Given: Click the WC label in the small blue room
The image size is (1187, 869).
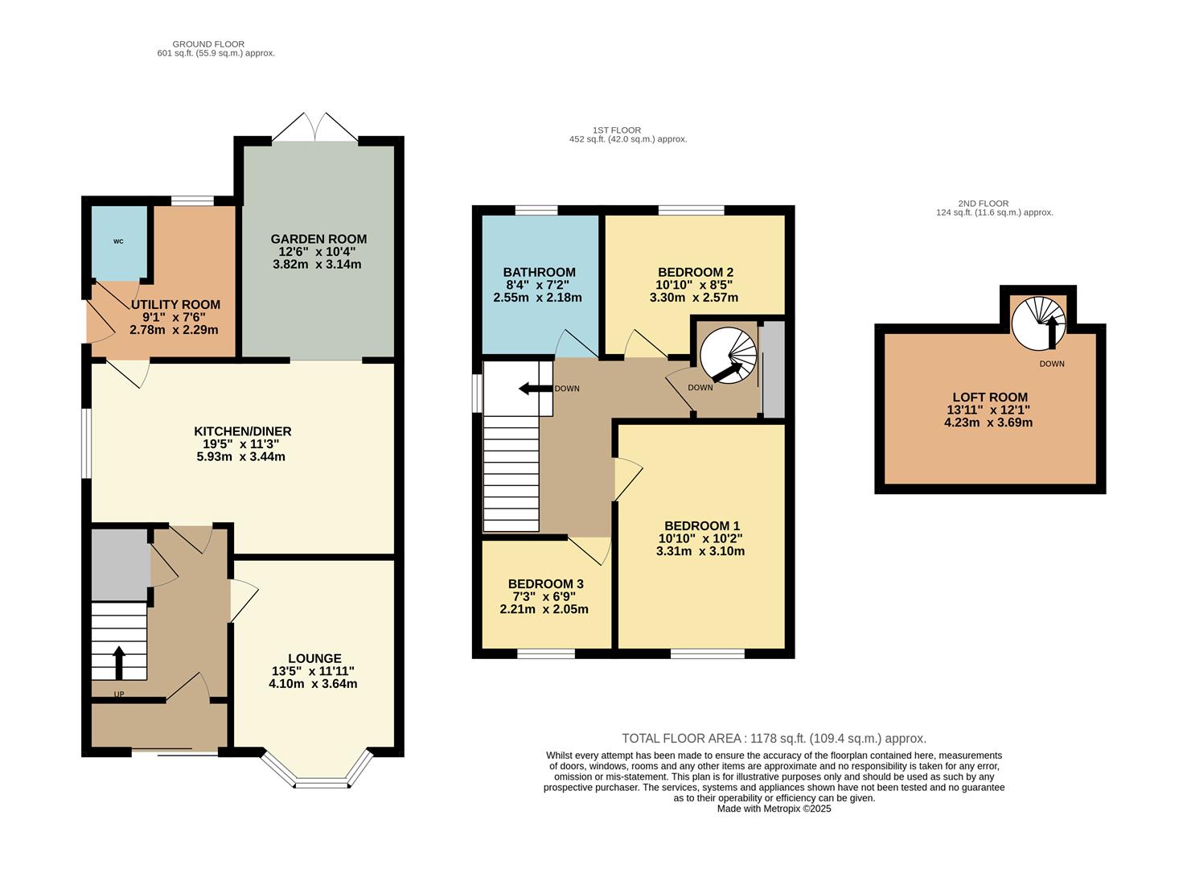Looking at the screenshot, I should click(118, 241).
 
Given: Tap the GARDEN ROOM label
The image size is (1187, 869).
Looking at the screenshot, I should click(318, 239).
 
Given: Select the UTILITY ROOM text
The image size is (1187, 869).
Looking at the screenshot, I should click(175, 305).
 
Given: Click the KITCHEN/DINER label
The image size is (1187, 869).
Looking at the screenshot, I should click(241, 431).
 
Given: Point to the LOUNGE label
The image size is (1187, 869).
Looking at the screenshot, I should click(314, 658).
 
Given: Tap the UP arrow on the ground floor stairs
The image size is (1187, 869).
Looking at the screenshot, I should click(119, 662).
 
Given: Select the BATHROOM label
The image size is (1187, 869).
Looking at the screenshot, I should click(539, 272).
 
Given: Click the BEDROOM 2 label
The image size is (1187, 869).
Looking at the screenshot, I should click(695, 272).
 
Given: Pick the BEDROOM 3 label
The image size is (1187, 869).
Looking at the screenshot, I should click(545, 583).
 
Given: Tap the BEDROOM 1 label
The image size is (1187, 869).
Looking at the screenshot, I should click(699, 525).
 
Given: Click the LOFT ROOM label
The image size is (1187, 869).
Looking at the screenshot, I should click(989, 397).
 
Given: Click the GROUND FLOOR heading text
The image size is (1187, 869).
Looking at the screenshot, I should click(208, 44).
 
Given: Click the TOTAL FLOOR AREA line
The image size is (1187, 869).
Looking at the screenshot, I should click(774, 738).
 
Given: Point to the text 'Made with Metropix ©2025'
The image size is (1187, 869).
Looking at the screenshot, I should click(774, 809).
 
